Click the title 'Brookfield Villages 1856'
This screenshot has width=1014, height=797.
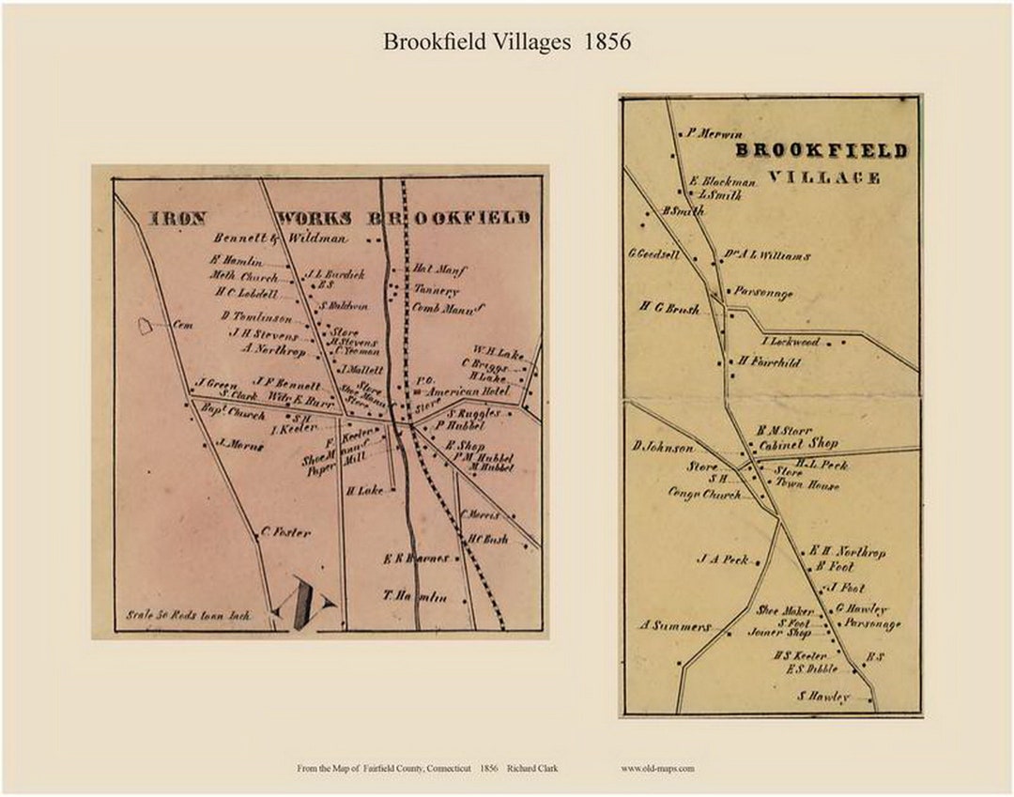click(506, 42)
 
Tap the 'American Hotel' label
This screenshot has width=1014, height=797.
click(469, 391)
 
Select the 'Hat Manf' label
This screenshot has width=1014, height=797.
click(439, 269)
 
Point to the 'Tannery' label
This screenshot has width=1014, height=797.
click(434, 289)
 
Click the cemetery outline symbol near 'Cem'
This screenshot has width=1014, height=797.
click(146, 326)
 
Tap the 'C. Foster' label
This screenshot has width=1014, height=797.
click(285, 532)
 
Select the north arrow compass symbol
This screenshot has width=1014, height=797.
click(305, 604)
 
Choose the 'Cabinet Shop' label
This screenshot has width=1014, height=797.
click(798, 444)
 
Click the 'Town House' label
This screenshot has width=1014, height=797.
click(807, 485)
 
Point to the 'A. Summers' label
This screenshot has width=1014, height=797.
click(676, 625)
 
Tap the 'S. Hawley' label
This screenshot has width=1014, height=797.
click(823, 696)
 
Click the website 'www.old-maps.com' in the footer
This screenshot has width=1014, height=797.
click(657, 769)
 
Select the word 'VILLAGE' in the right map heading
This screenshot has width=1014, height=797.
click(823, 176)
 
